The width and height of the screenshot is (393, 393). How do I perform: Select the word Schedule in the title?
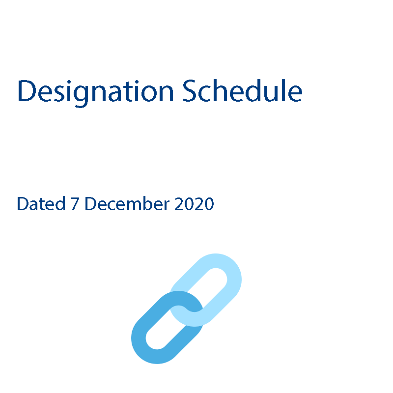click(242, 90)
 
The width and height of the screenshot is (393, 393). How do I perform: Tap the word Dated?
click(41, 203)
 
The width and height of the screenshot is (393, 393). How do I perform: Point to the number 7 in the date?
click(75, 204)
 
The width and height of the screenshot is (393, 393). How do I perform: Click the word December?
click(127, 203)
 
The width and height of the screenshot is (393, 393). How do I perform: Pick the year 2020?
click(194, 204)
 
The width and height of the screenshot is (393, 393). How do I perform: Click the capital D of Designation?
click(27, 91)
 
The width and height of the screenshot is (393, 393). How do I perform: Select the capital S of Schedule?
click(189, 91)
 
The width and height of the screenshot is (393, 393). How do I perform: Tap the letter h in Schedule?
click(220, 90)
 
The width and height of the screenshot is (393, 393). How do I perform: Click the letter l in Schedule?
click(283, 90)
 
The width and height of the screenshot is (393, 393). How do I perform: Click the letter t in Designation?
click(128, 92)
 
